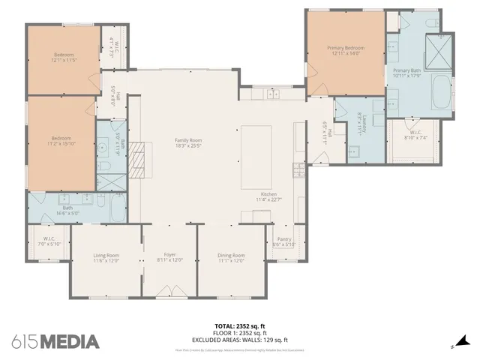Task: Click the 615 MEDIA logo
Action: (x=55, y=341)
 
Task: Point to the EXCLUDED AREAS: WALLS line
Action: (x=240, y=340)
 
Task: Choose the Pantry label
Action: (x=283, y=241)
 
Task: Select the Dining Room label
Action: (x=231, y=258)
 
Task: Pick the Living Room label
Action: (x=106, y=258)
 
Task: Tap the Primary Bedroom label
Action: (x=344, y=50)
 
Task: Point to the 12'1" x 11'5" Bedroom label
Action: (x=64, y=56)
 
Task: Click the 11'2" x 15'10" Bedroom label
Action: (x=61, y=141)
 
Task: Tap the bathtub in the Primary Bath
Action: (x=441, y=91)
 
